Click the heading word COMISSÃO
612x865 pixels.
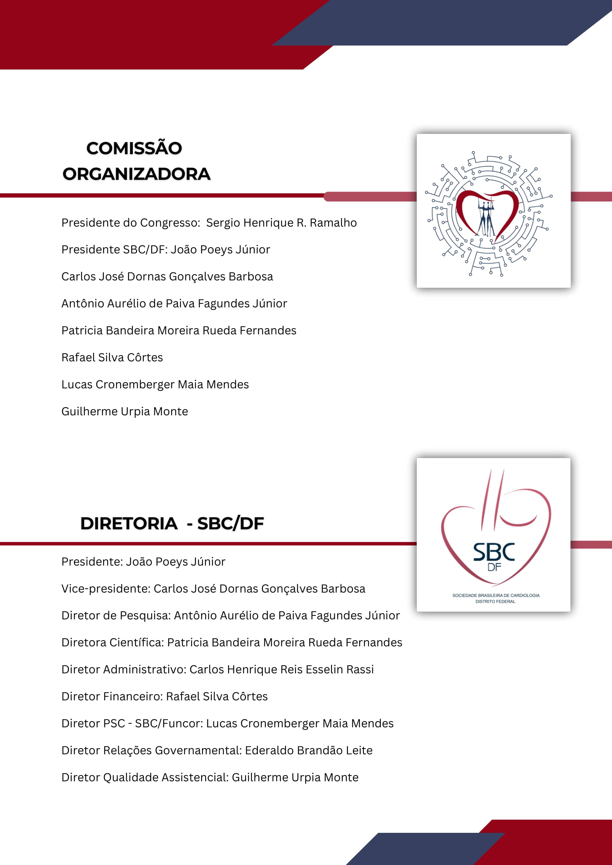pos(134,148)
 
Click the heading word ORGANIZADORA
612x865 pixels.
pos(136,174)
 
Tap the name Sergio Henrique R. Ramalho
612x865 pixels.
pos(281,223)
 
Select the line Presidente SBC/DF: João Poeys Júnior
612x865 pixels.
pos(166,250)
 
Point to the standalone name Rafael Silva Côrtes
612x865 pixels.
pos(112,357)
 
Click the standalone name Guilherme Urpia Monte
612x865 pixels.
pos(125,411)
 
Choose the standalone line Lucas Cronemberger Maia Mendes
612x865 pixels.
pos(155,384)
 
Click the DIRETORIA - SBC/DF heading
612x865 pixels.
pos(172,523)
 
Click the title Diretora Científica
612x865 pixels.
pos(112,642)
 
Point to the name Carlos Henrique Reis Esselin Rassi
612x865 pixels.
pos(281,669)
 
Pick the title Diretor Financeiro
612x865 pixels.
pos(112,696)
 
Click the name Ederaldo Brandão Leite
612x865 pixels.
pos(309,750)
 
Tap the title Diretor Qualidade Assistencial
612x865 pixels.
pos(145,777)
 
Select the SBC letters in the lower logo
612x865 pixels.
pos(494,552)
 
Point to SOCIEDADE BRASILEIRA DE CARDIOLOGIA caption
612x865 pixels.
pos(496,595)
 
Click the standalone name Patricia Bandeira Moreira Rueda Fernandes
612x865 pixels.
pos(179,330)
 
